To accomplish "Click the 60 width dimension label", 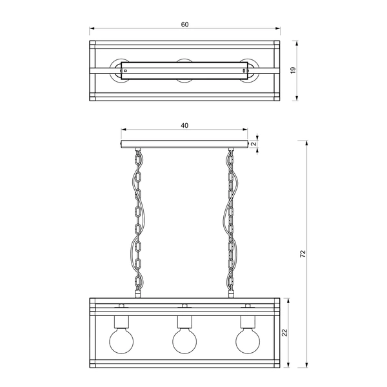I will [x=184, y=25].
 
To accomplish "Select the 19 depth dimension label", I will [x=292, y=71].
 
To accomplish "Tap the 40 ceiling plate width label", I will [x=184, y=126].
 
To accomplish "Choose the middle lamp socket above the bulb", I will [x=184, y=321].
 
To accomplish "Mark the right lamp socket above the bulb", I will [x=248, y=321].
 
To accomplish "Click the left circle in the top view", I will [x=121, y=71].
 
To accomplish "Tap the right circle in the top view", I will [x=248, y=71].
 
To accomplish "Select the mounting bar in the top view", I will [x=184, y=71].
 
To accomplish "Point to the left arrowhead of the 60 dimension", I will [x=92, y=29].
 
